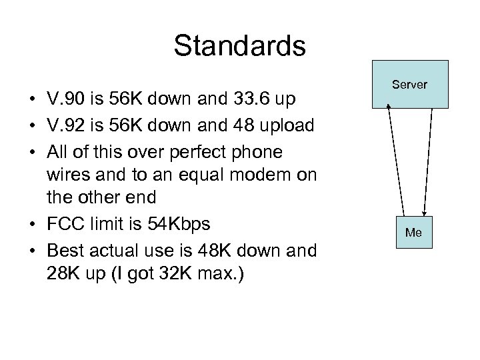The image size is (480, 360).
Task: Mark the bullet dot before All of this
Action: pos(32,152)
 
